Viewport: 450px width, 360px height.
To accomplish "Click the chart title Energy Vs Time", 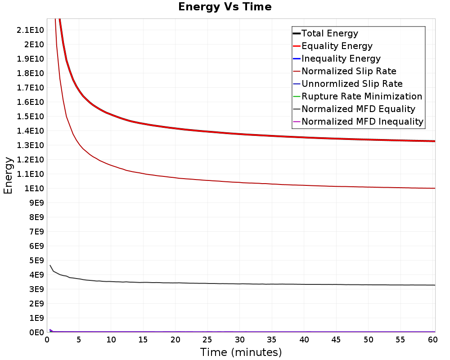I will pyautogui.click(x=225, y=7).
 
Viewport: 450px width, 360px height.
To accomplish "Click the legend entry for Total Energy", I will pyautogui.click(x=329, y=33).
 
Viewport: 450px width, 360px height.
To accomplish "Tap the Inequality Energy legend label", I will pyautogui.click(x=341, y=58).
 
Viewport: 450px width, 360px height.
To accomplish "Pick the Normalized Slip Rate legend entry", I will pyautogui.click(x=349, y=71).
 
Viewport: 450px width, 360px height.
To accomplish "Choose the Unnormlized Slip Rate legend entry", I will pyautogui.click(x=352, y=84).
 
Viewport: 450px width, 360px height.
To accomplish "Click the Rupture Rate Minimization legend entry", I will pyautogui.click(x=362, y=96).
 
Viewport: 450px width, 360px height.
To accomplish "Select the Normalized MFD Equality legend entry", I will pyautogui.click(x=358, y=109).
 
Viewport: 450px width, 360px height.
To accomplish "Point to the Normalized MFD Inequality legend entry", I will pyautogui.click(x=362, y=121).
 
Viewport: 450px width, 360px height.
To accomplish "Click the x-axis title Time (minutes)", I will pyautogui.click(x=241, y=352).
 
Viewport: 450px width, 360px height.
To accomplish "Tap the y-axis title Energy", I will pyautogui.click(x=8, y=175).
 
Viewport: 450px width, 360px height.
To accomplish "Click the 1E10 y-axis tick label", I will pyautogui.click(x=33, y=188).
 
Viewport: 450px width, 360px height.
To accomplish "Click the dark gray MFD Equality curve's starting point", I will pyautogui.click(x=50, y=265).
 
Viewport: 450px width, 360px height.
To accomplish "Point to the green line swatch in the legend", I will pyautogui.click(x=297, y=96).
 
